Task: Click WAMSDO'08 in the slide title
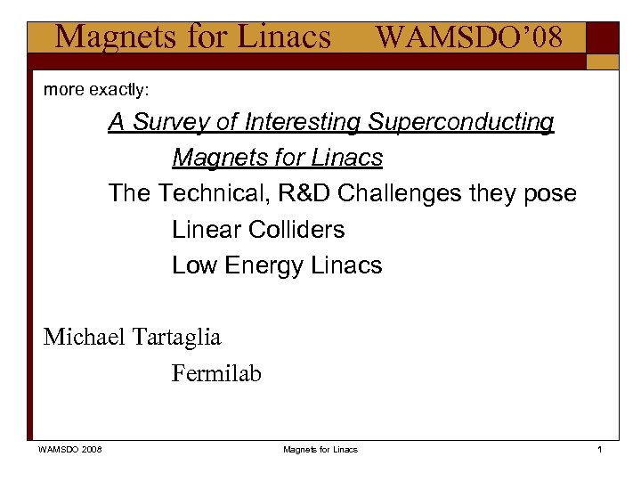468,37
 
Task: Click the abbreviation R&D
305,193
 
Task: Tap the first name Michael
85,338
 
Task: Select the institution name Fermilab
216,374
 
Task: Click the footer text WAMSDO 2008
69,450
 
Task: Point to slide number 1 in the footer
600,450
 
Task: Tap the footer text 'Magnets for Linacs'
320,450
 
